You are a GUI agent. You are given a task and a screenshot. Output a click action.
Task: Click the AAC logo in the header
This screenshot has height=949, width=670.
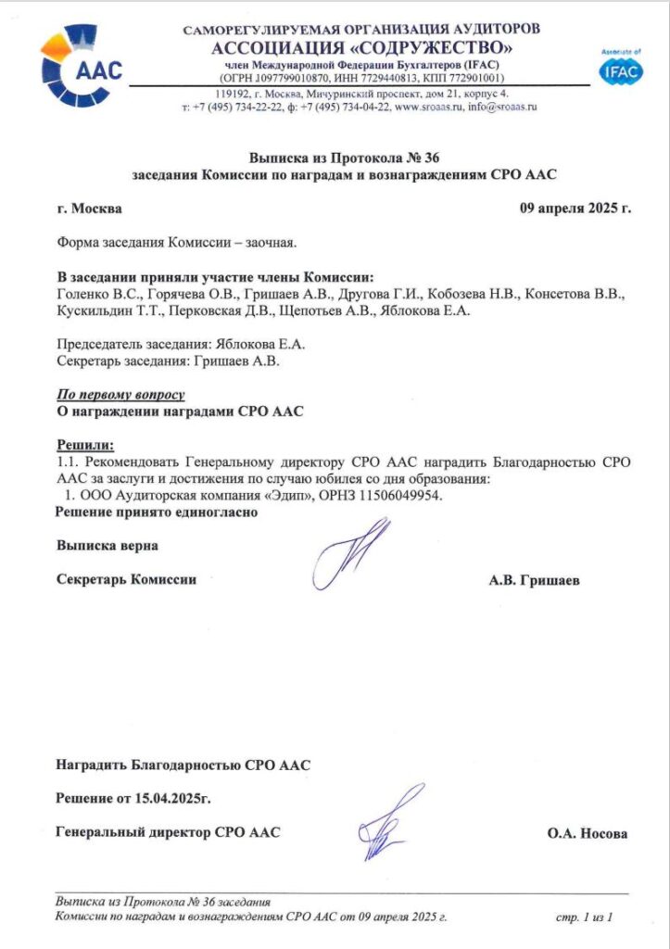82,65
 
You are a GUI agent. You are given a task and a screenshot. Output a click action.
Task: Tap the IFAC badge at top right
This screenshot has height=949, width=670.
620,70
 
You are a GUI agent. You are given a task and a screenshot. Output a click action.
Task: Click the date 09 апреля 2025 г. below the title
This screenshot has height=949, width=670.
575,208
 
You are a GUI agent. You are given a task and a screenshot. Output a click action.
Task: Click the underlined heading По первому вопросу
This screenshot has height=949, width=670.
120,394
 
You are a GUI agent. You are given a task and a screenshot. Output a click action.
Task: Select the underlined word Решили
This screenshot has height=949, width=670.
84,445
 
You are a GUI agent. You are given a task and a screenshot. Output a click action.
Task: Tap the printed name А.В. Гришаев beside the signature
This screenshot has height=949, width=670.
535,580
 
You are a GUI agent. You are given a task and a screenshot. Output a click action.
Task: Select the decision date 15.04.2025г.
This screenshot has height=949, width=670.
176,797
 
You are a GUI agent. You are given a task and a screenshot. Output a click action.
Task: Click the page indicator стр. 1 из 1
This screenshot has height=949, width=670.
584,917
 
